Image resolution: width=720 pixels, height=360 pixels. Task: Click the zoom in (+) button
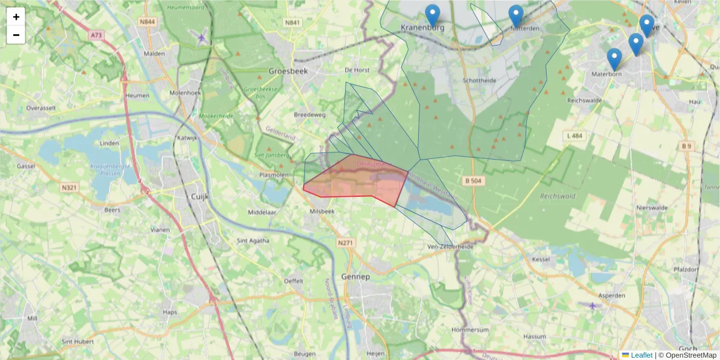tap(16, 17)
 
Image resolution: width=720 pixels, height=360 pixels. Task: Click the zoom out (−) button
tap(16, 35)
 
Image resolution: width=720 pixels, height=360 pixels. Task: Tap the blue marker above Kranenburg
tap(432, 14)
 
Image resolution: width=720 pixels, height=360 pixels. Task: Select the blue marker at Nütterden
tap(515, 15)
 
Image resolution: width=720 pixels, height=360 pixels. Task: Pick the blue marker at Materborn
tap(614, 58)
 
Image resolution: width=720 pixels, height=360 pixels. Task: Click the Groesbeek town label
tap(284, 69)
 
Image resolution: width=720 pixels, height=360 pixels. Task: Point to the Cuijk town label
tap(198, 196)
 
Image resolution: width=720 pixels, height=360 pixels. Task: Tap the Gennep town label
tap(356, 277)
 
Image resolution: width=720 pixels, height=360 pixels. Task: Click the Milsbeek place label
tap(321, 212)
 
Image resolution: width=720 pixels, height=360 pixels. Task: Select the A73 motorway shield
tap(96, 35)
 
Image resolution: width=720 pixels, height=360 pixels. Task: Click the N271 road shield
tap(346, 242)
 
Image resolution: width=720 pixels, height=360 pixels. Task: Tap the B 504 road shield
tap(474, 180)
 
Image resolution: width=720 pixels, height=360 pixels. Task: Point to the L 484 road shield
tap(574, 136)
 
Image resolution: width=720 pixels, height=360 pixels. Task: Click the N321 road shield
tap(70, 187)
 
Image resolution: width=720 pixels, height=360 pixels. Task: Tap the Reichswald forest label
tap(557, 196)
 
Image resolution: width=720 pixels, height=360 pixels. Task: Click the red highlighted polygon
tap(360, 180)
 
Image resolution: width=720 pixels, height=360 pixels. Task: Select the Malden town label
tap(154, 53)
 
